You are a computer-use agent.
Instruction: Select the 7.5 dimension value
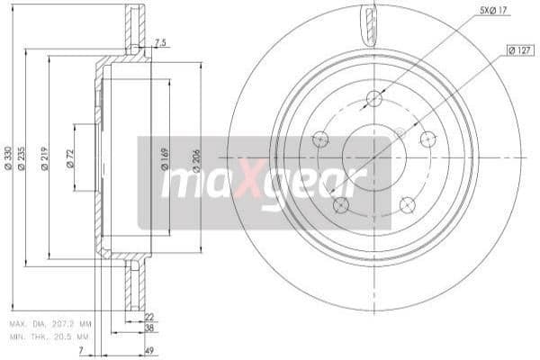160,42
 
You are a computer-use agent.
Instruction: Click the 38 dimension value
148,330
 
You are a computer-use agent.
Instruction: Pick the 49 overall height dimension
148,352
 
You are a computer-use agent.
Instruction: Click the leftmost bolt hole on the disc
319,139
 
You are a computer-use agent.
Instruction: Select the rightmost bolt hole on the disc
428,139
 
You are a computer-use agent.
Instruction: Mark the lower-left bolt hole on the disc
340,205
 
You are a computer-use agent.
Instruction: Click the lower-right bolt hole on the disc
408,204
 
